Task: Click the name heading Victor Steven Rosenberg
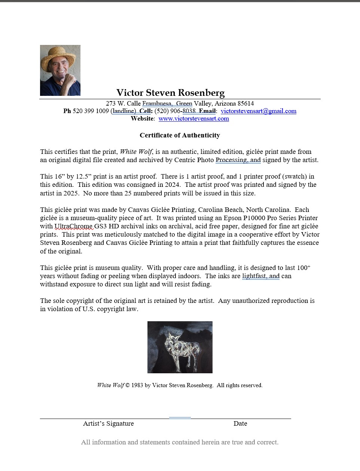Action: [x=170, y=92]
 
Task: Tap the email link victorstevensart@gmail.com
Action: [x=258, y=111]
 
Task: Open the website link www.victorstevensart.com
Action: [x=193, y=119]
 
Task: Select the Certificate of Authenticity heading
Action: [x=180, y=135]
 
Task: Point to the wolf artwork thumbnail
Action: [x=180, y=347]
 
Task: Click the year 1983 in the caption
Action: [x=137, y=385]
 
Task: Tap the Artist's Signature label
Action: [x=108, y=423]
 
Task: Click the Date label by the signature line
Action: [x=240, y=423]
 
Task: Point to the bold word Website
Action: [x=142, y=119]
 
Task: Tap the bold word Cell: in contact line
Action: [x=146, y=111]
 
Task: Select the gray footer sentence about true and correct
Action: [x=180, y=442]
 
